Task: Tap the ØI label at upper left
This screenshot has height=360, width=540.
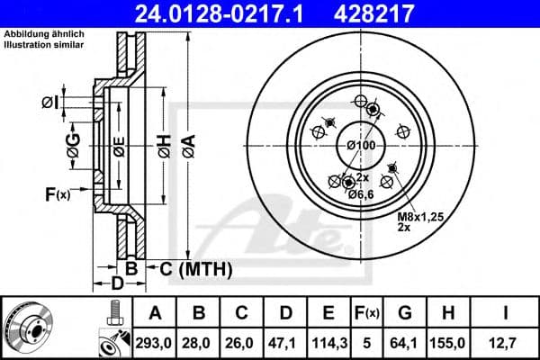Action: coord(49,102)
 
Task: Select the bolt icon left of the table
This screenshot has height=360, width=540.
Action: coord(113,314)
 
